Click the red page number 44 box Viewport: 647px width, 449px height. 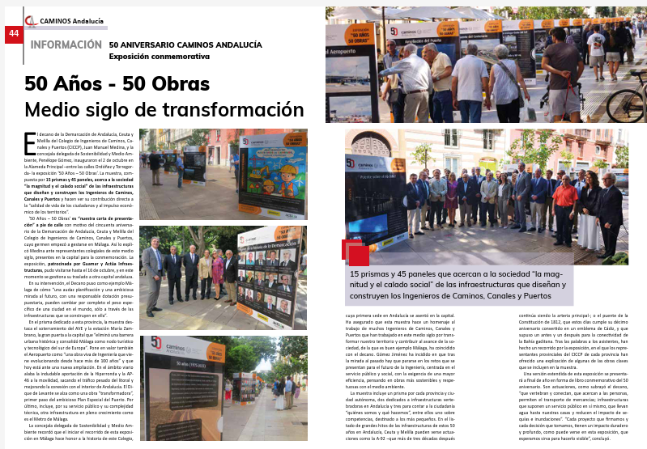[x=13, y=33]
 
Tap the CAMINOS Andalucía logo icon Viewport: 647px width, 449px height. [x=30, y=21]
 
